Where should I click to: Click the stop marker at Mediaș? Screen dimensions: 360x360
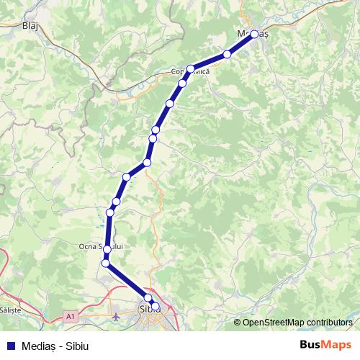[x=254, y=34]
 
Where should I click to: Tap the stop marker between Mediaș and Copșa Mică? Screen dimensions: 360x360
[x=228, y=54]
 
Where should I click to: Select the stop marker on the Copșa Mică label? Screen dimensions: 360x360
[x=191, y=69]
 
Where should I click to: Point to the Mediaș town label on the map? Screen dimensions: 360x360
[x=246, y=33]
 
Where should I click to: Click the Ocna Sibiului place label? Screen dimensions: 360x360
[x=101, y=246]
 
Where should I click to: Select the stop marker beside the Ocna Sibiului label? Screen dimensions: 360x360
[x=107, y=250]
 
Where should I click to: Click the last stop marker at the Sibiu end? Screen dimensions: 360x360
[x=156, y=307]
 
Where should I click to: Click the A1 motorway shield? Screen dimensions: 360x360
[x=71, y=315]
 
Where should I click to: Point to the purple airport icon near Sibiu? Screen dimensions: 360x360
[x=117, y=315]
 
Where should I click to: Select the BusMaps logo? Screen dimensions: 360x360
[x=325, y=345]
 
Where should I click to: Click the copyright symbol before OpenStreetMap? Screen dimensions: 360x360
[x=237, y=323]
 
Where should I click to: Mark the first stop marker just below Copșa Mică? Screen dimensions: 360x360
[x=182, y=84]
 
